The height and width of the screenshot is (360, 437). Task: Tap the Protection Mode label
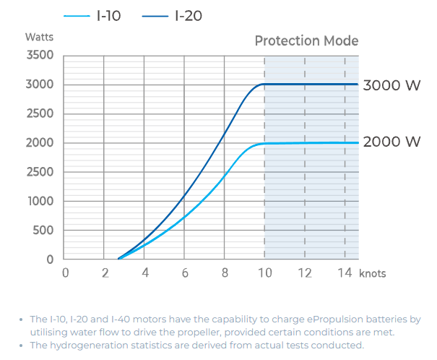click(x=306, y=40)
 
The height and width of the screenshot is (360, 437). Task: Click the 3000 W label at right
click(x=391, y=85)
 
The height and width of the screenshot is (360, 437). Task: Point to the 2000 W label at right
click(x=391, y=142)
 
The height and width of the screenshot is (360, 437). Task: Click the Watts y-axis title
click(x=39, y=36)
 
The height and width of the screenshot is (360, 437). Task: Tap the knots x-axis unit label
click(x=373, y=273)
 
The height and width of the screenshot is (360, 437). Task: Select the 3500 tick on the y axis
click(x=39, y=56)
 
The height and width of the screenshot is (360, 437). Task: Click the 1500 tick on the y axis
click(x=39, y=172)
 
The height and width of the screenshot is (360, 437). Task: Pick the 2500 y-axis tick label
click(x=39, y=114)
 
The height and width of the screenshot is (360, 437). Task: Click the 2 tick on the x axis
click(x=105, y=273)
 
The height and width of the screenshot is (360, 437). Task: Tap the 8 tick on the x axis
click(x=225, y=273)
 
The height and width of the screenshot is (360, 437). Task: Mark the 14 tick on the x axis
click(x=345, y=273)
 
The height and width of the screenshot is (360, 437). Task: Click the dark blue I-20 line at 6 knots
click(x=185, y=195)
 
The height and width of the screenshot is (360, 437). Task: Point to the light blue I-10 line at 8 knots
click(x=225, y=176)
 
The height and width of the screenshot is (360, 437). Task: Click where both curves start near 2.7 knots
click(x=119, y=258)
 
